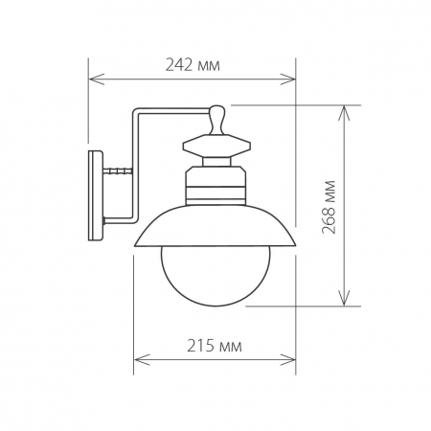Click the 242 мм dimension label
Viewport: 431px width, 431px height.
click(x=193, y=66)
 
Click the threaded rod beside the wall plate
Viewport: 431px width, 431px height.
click(x=117, y=172)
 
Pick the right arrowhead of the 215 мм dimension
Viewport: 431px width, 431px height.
click(x=293, y=359)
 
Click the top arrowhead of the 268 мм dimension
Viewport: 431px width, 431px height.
click(x=344, y=107)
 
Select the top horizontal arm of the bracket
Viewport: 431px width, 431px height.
click(x=172, y=108)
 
